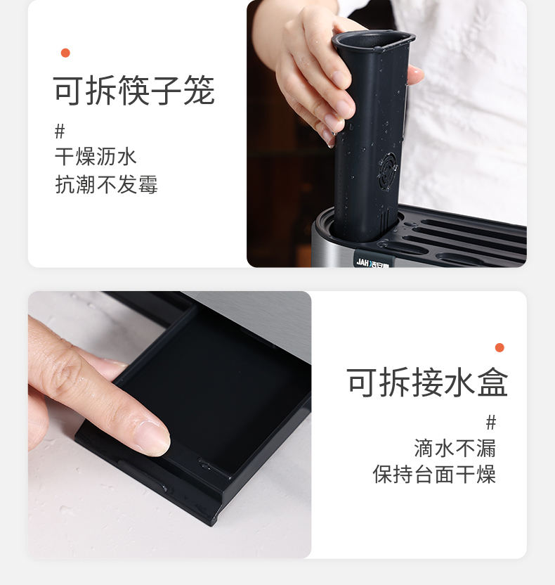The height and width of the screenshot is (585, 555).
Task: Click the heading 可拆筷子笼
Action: (x=133, y=90)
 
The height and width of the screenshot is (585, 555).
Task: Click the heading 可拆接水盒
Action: (x=427, y=382)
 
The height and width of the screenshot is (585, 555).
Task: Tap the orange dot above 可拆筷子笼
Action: (x=65, y=53)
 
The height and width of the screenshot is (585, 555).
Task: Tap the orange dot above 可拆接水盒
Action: (x=499, y=348)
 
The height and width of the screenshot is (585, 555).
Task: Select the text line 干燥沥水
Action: (x=96, y=156)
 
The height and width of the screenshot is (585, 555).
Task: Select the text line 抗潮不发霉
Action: (x=106, y=184)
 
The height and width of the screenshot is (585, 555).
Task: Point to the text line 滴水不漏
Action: (x=455, y=448)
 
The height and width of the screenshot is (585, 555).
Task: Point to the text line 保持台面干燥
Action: (x=434, y=474)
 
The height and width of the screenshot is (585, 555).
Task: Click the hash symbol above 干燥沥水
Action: (x=60, y=131)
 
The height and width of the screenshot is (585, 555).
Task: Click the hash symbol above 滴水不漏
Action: (x=491, y=423)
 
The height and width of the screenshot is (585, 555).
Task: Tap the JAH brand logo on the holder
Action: (x=372, y=262)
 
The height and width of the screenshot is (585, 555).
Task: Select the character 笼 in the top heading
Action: (x=199, y=90)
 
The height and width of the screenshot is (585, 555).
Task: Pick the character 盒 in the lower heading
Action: (x=492, y=382)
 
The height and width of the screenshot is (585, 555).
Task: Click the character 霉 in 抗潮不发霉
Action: (x=148, y=184)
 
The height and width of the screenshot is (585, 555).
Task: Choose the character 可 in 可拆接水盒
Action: (x=362, y=382)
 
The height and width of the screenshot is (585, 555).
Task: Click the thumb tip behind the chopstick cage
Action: (x=416, y=75)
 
